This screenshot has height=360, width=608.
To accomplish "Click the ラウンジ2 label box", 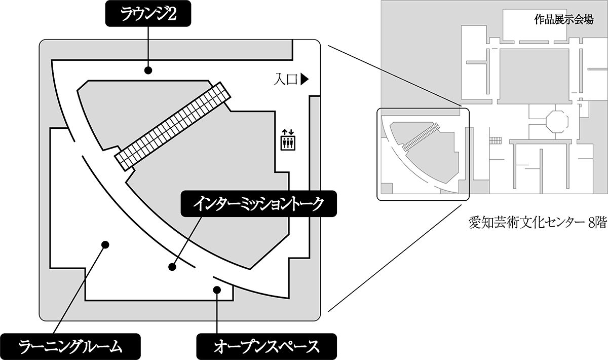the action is point(148,14).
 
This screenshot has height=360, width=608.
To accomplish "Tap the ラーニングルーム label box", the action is point(70,346).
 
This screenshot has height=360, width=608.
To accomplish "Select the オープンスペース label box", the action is point(267,346).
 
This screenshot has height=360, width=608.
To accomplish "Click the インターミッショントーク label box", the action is point(259,203).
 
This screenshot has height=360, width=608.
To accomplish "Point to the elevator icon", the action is point(288,140).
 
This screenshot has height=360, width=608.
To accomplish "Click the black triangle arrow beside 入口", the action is point(305,80).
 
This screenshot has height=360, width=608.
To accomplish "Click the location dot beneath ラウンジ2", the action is point(148,70).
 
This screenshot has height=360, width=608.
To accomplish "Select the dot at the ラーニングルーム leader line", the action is point(105,245).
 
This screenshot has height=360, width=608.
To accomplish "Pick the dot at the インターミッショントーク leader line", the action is point(172,267).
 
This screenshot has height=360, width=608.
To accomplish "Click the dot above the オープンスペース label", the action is point(217,290).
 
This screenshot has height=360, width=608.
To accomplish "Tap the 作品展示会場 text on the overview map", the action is point(564,20).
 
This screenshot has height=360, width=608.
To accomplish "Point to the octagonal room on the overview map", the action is point(557,121).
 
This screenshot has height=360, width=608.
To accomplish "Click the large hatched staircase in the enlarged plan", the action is point(172,126).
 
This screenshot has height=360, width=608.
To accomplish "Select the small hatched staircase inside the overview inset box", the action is point(421,137).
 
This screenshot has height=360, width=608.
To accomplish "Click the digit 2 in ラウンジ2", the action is point(172,14).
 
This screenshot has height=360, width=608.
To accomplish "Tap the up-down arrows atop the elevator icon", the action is point(288,132).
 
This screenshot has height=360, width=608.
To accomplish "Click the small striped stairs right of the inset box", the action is point(495,140).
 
